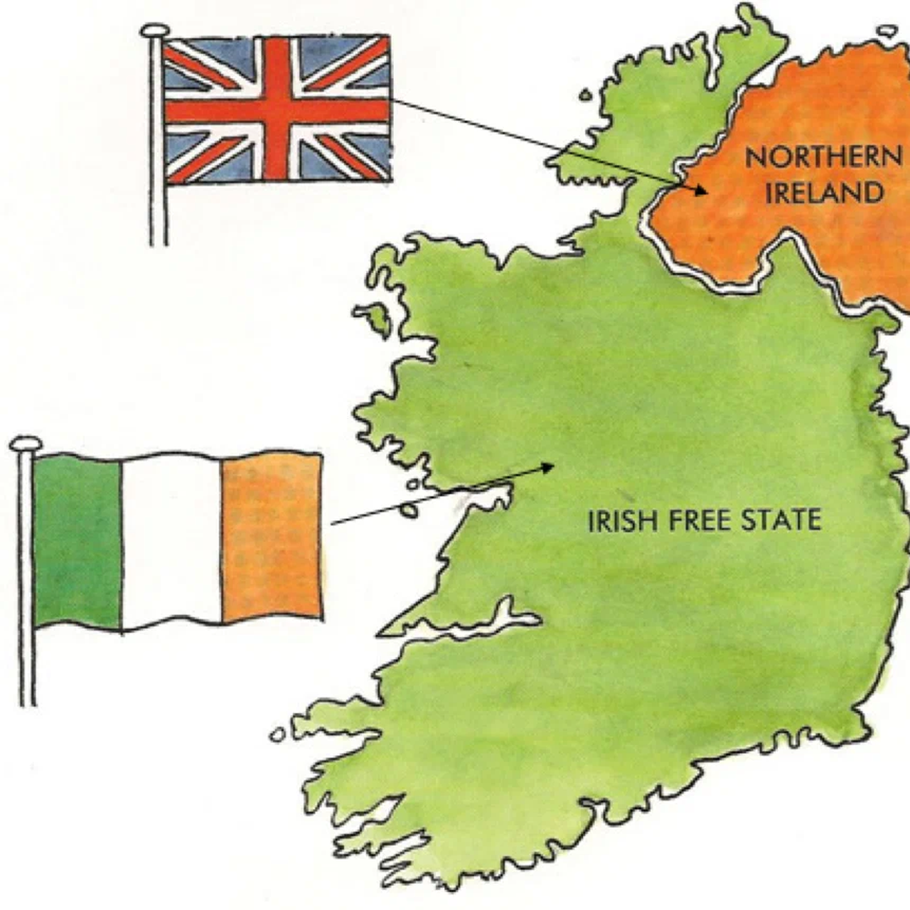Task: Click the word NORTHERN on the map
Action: click(x=823, y=157)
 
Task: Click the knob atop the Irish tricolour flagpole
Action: click(x=26, y=444)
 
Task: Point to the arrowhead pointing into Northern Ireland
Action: click(x=702, y=190)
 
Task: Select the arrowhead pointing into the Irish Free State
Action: click(x=548, y=466)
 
